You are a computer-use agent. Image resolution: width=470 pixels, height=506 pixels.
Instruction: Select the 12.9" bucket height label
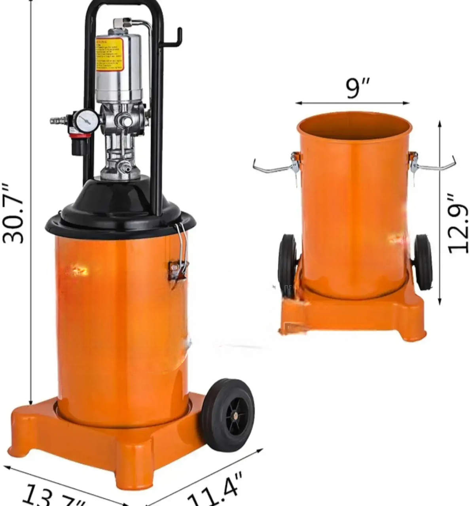459,224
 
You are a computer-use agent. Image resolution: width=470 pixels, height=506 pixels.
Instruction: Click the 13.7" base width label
53,497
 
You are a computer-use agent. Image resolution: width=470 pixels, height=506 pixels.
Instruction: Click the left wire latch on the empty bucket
277,166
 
